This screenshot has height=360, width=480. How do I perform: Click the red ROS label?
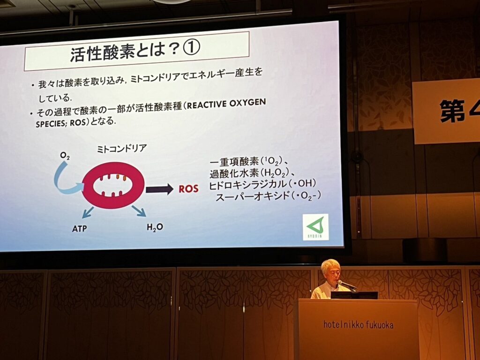pyautogui.click(x=188, y=188)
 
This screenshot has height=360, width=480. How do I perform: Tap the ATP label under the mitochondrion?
pyautogui.click(x=80, y=228)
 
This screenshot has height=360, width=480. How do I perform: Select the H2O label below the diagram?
pyautogui.click(x=155, y=227)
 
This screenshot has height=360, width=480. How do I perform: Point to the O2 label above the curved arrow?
pyautogui.click(x=65, y=156)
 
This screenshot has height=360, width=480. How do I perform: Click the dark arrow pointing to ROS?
pyautogui.click(x=159, y=189)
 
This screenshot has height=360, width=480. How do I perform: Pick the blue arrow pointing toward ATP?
pyautogui.click(x=88, y=212)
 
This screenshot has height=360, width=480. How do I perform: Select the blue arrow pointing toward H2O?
pyautogui.click(x=139, y=211)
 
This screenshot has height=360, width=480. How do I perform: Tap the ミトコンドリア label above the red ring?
pyautogui.click(x=122, y=149)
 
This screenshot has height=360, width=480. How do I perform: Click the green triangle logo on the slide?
pyautogui.click(x=315, y=227)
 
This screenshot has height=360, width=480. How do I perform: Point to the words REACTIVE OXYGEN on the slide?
pyautogui.click(x=226, y=104)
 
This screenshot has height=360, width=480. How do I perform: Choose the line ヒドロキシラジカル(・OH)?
pyautogui.click(x=262, y=184)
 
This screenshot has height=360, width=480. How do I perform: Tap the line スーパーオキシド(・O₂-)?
pyautogui.click(x=269, y=196)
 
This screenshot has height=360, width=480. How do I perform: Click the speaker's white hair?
pyautogui.click(x=330, y=265)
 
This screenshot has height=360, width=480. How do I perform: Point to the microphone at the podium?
pyautogui.click(x=347, y=285)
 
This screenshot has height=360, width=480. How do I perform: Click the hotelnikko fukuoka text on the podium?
pyautogui.click(x=358, y=324)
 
